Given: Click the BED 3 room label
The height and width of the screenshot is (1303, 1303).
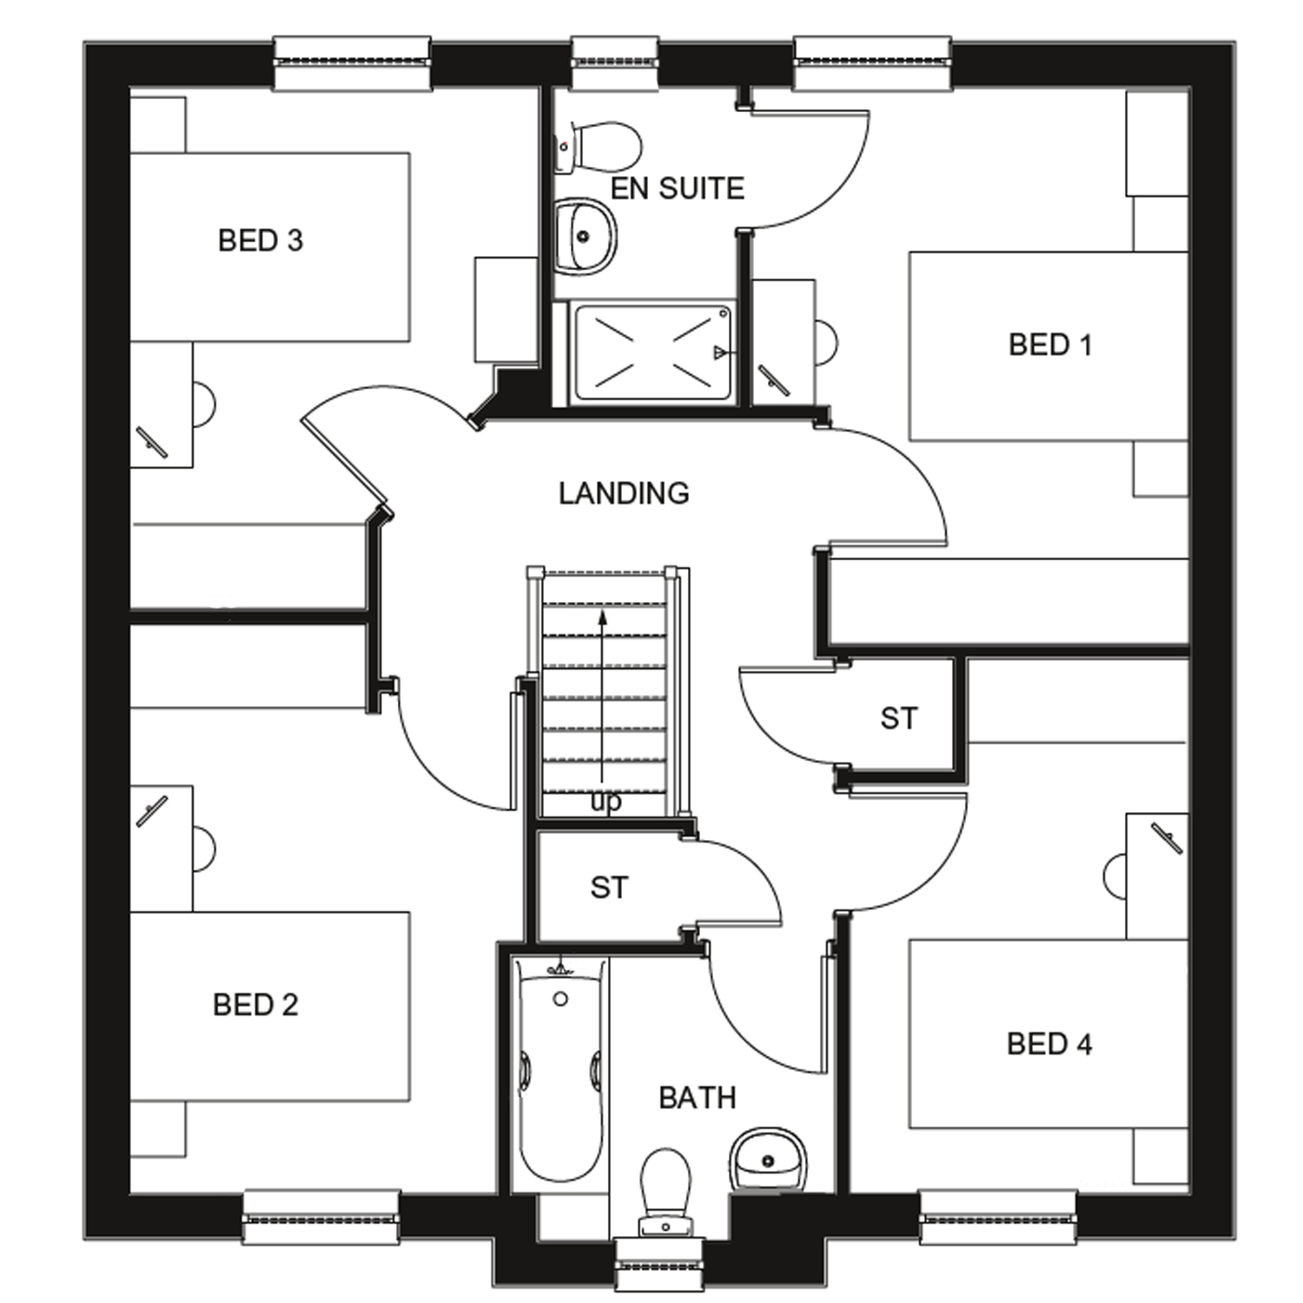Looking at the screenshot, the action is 261,241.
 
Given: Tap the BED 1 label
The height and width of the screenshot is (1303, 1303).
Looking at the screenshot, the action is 1050,345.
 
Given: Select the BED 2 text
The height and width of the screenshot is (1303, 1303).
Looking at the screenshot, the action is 255,1005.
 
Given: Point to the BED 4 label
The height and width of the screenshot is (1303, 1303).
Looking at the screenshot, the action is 1049,1043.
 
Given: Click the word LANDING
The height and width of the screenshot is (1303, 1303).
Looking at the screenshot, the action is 624,493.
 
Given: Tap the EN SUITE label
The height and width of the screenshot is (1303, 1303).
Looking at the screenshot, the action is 678,189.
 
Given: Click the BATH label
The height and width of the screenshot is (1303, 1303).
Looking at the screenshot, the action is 698,1098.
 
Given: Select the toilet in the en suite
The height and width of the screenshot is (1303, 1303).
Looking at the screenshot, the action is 599,147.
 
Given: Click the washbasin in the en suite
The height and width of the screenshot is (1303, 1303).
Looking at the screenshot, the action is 585,235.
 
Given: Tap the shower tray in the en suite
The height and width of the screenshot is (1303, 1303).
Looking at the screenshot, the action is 651,352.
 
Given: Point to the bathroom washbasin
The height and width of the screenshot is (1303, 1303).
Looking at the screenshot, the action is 768,1160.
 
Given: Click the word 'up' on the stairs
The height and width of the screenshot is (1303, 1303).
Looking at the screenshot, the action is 606,803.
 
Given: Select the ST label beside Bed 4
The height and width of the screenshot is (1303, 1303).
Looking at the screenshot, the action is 898,718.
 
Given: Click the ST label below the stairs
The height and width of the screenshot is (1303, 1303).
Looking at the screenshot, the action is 608,888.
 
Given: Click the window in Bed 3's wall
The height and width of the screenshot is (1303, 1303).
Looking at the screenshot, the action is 352,63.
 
